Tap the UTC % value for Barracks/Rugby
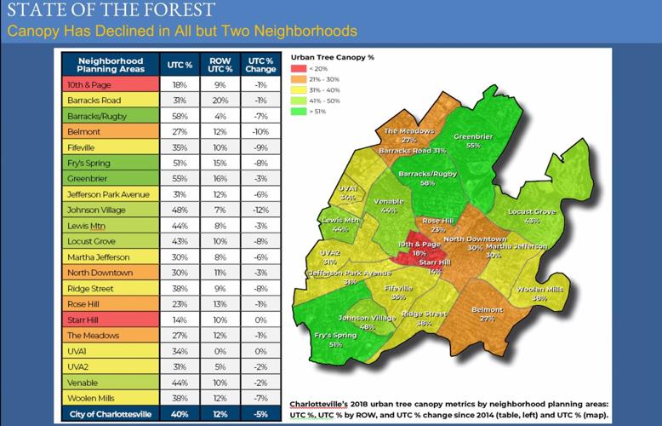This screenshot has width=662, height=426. tap(180, 116)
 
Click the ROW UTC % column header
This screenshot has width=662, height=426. tap(220, 65)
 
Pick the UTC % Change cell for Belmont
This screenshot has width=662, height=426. tap(260, 131)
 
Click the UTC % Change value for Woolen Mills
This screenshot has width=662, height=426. tap(260, 397)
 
